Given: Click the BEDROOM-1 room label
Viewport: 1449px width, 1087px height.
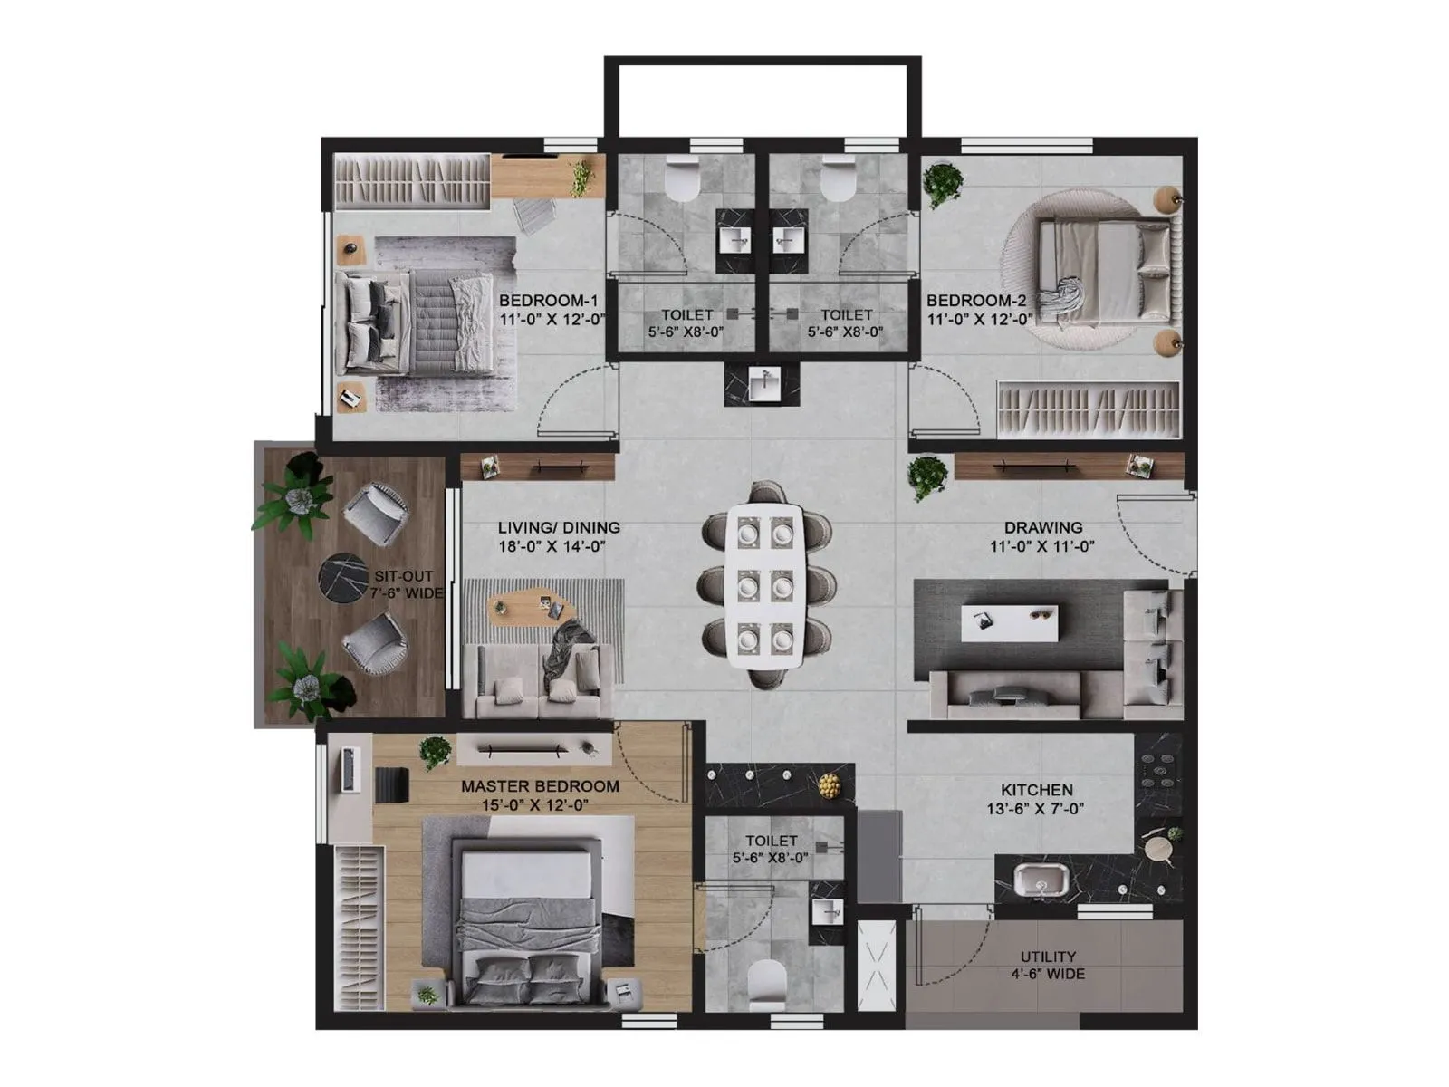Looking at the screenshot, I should point(549,301).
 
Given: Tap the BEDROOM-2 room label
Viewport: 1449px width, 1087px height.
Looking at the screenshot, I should point(976,301).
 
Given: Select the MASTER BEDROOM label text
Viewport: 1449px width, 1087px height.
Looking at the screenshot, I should point(540,786).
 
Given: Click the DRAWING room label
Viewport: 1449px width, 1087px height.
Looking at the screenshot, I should point(1042,527).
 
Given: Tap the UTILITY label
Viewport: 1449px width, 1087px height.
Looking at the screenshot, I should point(1048,957).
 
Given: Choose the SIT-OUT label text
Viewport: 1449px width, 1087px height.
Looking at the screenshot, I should point(404,576).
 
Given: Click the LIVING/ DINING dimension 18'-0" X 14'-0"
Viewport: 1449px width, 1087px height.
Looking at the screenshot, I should point(551,546).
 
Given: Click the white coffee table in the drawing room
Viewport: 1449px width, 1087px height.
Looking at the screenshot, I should point(1009,623).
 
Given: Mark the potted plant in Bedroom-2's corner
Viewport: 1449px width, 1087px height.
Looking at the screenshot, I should point(943,183).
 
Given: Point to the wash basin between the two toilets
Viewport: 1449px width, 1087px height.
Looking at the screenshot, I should point(764,385).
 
